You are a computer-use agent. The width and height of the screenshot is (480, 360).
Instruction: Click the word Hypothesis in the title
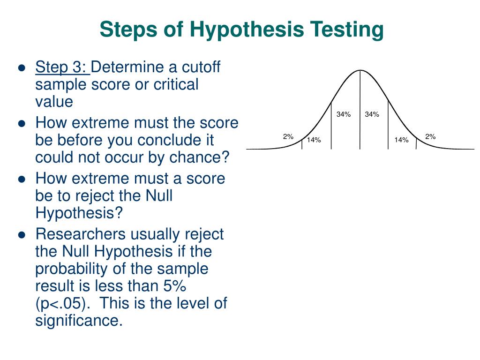coord(247,30)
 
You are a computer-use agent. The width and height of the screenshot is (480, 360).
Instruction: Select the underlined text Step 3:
coord(62,67)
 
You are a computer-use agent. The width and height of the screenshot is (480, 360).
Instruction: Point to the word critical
coord(176,84)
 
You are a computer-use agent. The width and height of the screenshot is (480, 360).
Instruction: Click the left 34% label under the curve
coord(344,114)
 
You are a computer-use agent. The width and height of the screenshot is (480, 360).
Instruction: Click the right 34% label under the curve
coord(372,114)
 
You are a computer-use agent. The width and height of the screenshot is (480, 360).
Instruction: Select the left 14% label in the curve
coord(314,140)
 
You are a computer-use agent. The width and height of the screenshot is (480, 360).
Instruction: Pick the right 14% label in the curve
coord(401,140)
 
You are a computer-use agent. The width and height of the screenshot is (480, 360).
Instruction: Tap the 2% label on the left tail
coord(288,136)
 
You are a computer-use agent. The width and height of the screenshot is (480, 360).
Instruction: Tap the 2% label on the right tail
coord(430,136)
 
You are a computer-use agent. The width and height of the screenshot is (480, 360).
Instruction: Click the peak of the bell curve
coord(360,70)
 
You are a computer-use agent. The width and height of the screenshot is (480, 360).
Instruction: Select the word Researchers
coord(81,234)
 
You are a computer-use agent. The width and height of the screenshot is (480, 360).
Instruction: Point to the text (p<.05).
coord(63,303)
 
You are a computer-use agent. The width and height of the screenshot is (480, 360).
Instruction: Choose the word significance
coord(79,321)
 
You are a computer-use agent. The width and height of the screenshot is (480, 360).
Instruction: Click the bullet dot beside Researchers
coord(22,235)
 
